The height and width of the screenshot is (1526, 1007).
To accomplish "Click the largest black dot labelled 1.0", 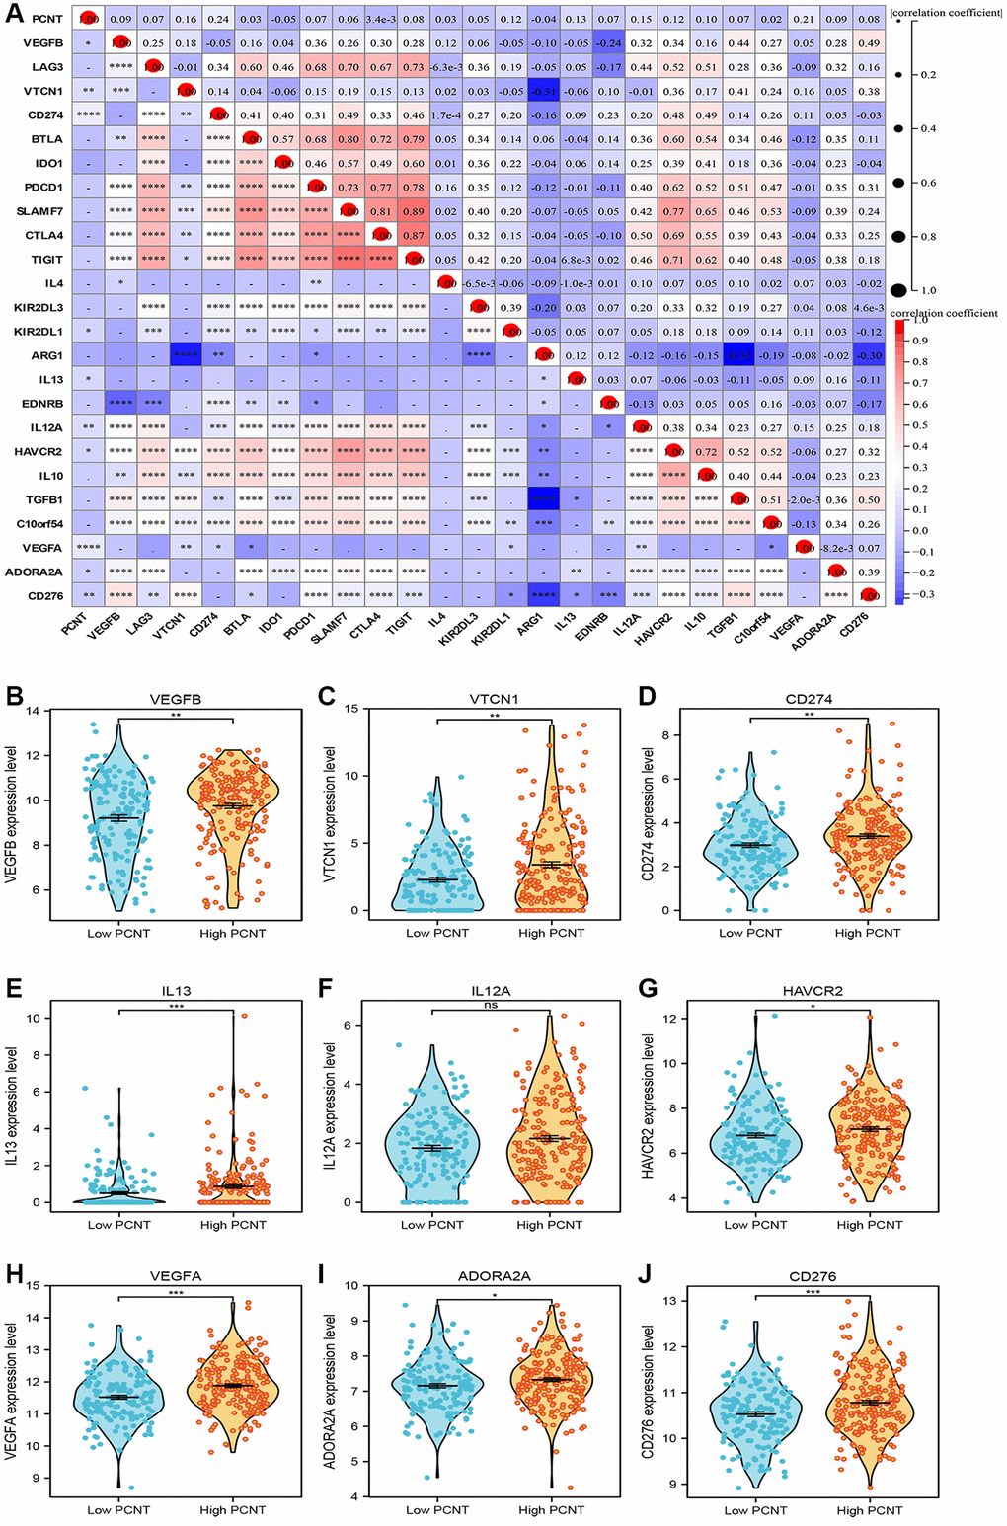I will coord(898,289).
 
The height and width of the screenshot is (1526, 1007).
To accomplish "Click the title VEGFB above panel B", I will coord(175,699).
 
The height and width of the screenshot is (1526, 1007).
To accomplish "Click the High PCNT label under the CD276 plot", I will coord(869,1509).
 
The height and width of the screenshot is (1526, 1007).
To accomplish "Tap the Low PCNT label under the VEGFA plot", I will coord(117,1509).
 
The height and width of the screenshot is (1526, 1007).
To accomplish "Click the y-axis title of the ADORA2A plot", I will coord(339,1392).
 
